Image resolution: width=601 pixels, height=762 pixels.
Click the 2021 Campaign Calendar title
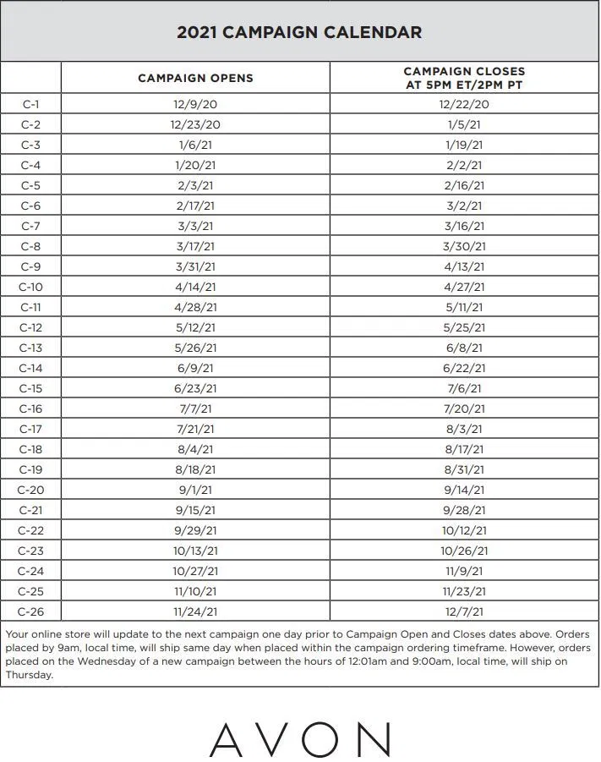299,33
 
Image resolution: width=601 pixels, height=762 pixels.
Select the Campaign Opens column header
195,78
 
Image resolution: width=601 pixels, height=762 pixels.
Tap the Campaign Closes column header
464,78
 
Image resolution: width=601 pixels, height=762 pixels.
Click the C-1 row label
30,105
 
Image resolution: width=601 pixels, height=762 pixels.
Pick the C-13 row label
30,348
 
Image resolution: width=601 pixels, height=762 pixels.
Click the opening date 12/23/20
195,125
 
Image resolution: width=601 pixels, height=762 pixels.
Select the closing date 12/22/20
464,105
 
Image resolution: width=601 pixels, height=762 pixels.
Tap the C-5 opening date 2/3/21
195,186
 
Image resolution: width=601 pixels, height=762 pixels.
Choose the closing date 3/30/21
464,247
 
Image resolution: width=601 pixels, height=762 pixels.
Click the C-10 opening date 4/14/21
195,288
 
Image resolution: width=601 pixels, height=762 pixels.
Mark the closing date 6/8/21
464,348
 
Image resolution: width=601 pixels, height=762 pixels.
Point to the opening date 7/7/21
195,409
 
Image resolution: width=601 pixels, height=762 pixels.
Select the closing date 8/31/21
464,470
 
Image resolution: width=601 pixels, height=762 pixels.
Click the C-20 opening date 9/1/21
195,491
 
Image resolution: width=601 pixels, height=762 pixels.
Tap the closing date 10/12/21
464,531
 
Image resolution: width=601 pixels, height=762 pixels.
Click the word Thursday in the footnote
30,675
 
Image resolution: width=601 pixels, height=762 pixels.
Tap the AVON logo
300,739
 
